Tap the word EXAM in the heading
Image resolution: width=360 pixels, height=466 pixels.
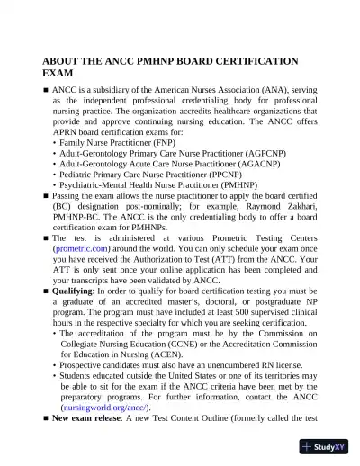tap(58, 73)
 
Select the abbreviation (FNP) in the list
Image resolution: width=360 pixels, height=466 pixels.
tap(139, 142)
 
